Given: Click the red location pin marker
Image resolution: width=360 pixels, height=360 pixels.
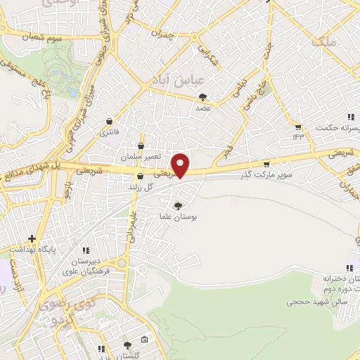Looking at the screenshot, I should [x=181, y=164].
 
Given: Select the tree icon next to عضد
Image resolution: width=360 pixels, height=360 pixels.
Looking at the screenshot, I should [x=203, y=97].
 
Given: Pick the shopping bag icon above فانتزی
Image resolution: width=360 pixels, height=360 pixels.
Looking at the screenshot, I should [x=109, y=121].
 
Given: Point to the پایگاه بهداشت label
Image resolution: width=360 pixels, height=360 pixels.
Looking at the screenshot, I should [x=31, y=250].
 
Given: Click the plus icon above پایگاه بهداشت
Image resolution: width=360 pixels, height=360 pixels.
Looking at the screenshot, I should [x=31, y=238].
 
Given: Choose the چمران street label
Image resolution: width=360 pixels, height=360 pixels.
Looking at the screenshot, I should [x=161, y=33].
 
